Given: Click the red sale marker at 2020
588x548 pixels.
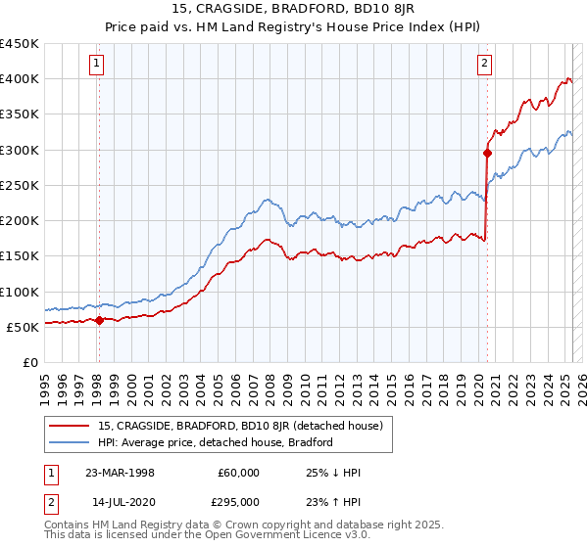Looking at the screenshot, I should pos(487,153).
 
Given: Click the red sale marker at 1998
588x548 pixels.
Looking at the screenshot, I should pos(99,320).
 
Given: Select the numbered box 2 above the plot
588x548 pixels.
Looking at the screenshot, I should pos(485,65).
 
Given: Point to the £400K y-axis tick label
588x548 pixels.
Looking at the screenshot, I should pos(19,79).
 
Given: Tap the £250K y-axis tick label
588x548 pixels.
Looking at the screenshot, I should pos(19,185).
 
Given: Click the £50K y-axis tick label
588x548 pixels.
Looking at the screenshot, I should pos(23,327).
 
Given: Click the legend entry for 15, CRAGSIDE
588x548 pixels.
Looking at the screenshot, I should pos(245,425).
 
